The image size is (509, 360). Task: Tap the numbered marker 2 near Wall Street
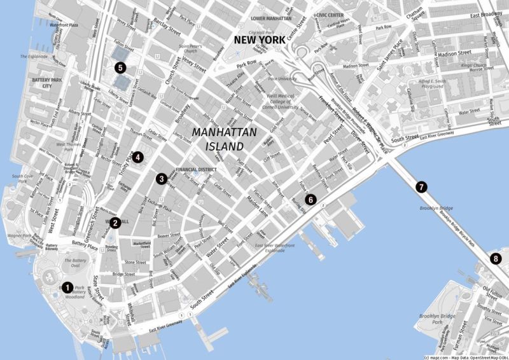coord(115,223)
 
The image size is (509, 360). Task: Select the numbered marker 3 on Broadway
coord(162,179)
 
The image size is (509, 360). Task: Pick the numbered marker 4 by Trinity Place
coord(137,156)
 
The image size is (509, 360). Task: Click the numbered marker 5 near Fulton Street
coord(120,67)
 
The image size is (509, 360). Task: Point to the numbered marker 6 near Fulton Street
coord(310,199)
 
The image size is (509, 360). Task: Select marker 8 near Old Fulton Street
coord(496,258)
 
